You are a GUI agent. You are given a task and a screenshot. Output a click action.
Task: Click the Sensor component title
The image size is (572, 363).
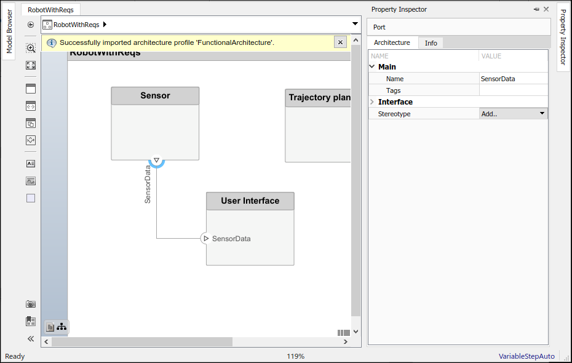tap(155, 95)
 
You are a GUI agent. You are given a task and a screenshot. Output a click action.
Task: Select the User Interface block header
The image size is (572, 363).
tap(250, 201)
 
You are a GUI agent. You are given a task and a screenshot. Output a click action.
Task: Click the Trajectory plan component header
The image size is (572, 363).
tap(318, 98)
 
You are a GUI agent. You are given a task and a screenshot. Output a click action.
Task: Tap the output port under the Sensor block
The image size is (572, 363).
tap(156, 161)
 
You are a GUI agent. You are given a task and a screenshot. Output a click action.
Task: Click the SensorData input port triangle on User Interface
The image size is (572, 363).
tap(206, 239)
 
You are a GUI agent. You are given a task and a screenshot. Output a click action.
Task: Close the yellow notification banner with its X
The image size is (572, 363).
tap(340, 42)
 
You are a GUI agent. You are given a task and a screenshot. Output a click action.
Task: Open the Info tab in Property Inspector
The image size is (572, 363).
tap(431, 43)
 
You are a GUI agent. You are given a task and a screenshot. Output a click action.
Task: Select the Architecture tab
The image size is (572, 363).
tap(392, 42)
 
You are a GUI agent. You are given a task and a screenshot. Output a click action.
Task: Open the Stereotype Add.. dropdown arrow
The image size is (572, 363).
tap(542, 113)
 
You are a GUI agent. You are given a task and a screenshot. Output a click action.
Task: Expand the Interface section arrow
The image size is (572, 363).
tap(372, 102)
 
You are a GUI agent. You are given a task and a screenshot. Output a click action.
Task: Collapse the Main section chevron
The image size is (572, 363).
tap(372, 67)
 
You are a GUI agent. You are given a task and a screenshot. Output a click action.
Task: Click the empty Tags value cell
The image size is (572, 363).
tap(514, 90)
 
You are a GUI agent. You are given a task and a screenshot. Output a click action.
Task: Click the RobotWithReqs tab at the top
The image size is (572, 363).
tap(50, 10)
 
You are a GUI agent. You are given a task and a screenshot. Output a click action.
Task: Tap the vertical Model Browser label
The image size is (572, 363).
tap(9, 32)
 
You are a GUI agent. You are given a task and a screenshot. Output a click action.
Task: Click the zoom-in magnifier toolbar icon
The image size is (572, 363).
tap(31, 48)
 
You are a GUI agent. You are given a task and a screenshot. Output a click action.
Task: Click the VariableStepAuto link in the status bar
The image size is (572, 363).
tap(526, 356)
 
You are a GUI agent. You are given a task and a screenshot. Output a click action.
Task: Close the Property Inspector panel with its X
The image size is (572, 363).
tap(546, 9)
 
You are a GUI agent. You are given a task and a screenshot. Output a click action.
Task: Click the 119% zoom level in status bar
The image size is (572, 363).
tap(295, 356)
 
